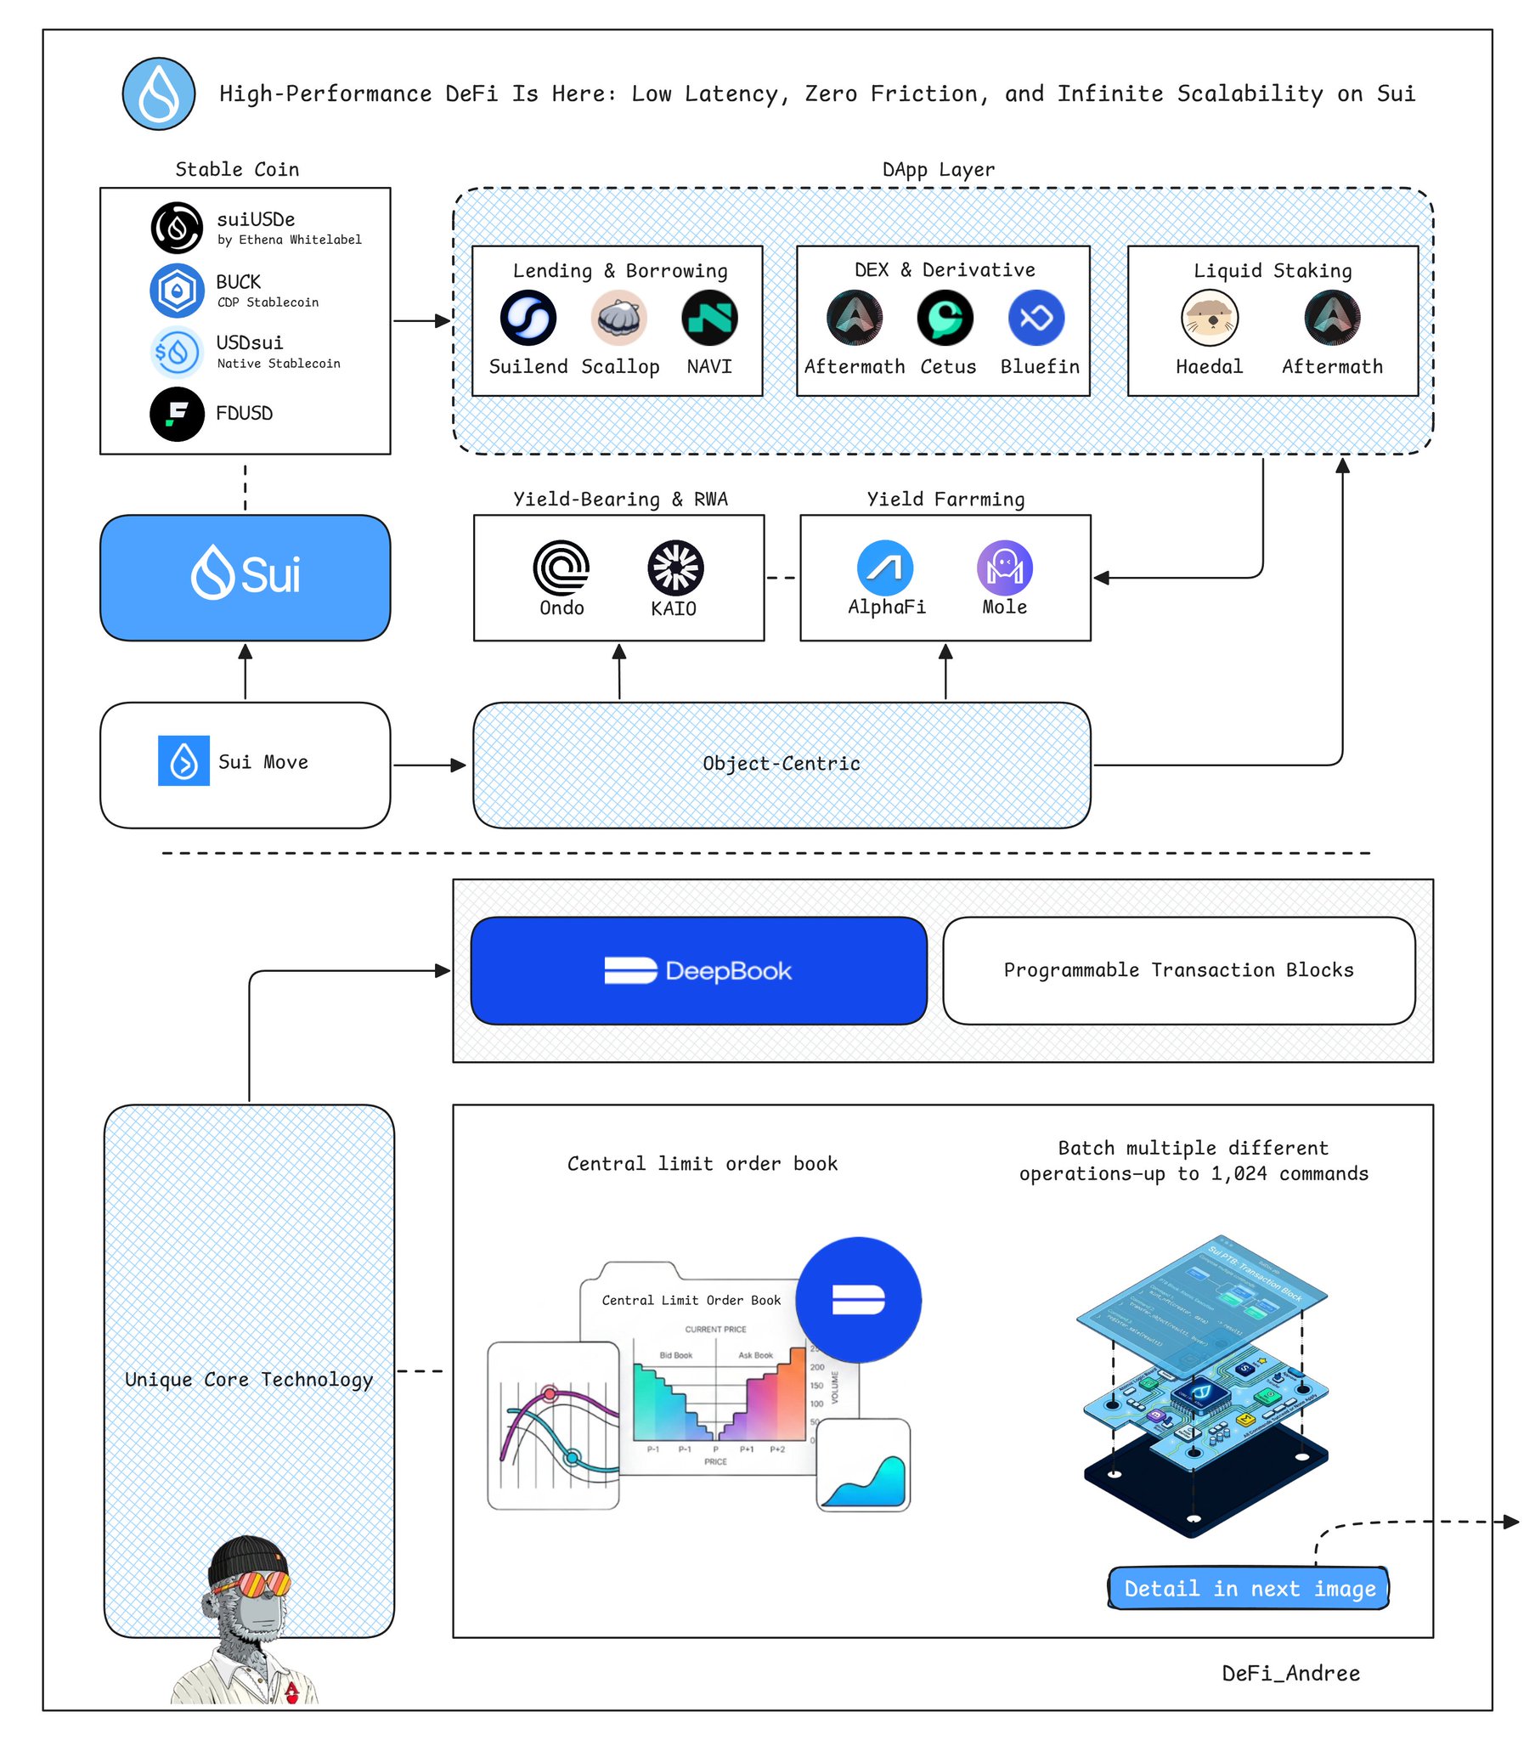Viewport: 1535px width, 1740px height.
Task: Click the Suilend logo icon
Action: point(528,319)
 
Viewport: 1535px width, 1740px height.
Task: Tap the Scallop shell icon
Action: point(619,319)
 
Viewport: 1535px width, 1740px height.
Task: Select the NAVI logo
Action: point(709,319)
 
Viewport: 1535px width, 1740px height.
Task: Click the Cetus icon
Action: point(945,319)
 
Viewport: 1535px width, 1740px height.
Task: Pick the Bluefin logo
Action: point(1036,319)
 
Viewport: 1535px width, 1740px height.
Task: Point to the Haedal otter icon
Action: point(1209,319)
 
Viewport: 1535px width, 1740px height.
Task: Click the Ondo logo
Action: point(561,568)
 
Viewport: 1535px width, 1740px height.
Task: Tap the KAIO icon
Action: point(675,568)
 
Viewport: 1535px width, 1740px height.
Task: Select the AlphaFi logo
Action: point(884,568)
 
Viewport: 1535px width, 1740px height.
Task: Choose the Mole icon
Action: point(1005,568)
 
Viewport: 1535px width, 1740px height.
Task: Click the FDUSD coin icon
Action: point(177,415)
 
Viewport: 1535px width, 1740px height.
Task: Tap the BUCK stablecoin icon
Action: point(177,291)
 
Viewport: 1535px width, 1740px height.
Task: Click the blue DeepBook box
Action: point(698,970)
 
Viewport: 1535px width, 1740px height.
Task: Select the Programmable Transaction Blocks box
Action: point(1178,970)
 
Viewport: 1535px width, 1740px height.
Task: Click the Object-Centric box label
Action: point(781,765)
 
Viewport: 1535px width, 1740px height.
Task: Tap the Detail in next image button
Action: point(1248,1589)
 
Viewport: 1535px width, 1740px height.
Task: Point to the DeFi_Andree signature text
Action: point(1290,1674)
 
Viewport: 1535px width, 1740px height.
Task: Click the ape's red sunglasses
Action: point(253,1585)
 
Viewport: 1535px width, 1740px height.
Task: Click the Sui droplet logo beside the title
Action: point(158,93)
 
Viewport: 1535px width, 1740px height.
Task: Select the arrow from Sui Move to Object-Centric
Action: point(430,765)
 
